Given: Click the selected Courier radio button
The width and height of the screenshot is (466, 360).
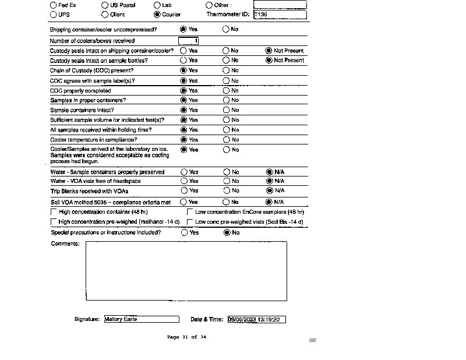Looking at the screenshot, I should [x=157, y=15].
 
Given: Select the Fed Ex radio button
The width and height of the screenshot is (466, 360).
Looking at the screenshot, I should [x=53, y=5].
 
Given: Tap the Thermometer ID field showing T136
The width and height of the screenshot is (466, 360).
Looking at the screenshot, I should [x=280, y=15].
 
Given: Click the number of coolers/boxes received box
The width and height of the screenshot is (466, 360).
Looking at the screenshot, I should [x=189, y=41].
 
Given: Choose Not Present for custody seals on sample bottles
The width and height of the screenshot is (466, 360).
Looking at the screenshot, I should [x=269, y=60].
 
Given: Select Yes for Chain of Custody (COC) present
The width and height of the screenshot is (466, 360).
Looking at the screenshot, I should [x=184, y=70].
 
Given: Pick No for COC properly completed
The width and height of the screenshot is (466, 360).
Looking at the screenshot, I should [x=226, y=91].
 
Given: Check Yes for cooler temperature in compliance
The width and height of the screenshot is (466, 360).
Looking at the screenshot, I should [x=184, y=140].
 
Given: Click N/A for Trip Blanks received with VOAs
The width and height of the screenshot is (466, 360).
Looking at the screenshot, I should [x=269, y=190].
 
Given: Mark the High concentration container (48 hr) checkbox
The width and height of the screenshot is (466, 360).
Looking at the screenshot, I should [x=54, y=212].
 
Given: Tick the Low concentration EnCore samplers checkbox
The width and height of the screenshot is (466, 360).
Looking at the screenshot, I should [x=190, y=212].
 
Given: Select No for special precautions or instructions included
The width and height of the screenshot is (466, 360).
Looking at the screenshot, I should [x=227, y=232].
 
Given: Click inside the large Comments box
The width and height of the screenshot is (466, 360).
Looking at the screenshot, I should [x=186, y=271].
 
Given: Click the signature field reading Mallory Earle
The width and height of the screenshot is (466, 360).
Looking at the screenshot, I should [x=142, y=319].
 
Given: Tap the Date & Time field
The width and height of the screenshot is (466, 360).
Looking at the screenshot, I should [x=256, y=319].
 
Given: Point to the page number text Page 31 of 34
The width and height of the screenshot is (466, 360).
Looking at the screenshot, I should [x=186, y=337].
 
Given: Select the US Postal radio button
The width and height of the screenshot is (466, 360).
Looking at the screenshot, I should [x=105, y=5].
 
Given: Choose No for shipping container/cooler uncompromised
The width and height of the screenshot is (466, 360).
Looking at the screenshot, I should [x=226, y=29].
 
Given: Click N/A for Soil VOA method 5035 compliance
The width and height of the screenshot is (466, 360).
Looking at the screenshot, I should [x=269, y=202].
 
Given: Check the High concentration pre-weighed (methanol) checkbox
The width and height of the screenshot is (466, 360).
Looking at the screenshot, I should [x=54, y=222].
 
